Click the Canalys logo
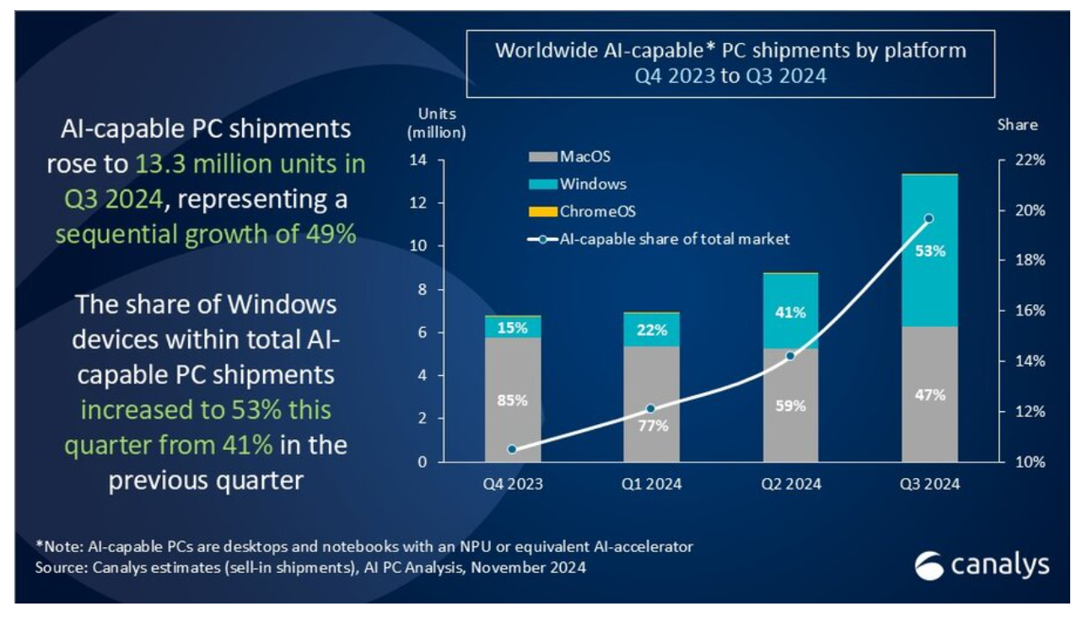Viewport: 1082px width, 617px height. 982,566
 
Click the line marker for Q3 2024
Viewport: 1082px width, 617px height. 929,218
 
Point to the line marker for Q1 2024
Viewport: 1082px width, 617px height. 650,409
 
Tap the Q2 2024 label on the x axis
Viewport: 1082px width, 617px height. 790,484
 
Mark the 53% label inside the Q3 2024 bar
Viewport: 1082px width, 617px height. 929,251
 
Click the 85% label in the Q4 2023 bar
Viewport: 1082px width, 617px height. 512,400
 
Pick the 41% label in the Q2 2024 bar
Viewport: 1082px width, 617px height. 790,313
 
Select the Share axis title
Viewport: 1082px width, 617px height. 1017,125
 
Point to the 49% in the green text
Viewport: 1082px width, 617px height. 328,233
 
